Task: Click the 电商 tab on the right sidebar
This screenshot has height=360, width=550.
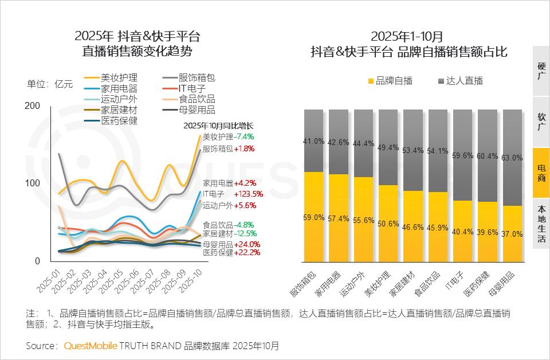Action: click(x=541, y=173)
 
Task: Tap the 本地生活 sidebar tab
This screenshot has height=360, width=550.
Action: click(x=541, y=224)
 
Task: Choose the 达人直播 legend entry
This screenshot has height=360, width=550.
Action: click(x=461, y=81)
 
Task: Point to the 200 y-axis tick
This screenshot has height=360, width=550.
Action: click(x=33, y=105)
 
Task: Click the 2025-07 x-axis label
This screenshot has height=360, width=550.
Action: click(x=143, y=281)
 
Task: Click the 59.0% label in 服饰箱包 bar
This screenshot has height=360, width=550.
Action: click(x=313, y=218)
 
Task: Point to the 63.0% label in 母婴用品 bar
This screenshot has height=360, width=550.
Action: click(x=512, y=158)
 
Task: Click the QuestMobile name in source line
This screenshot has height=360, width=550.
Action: click(x=90, y=346)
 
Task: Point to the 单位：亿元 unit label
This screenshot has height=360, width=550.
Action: click(x=50, y=84)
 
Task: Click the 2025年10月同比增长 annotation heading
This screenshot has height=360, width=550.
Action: click(x=218, y=126)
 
